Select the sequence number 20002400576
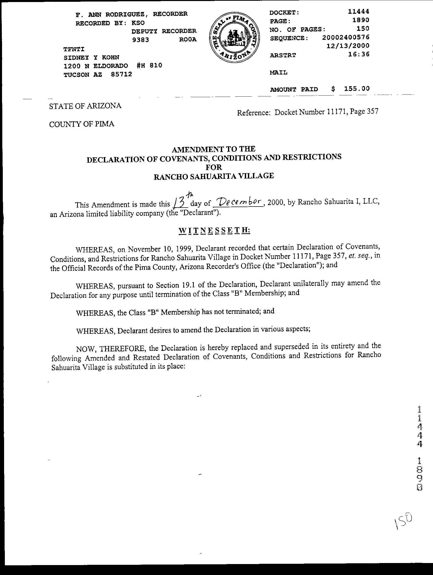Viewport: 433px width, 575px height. [x=346, y=37]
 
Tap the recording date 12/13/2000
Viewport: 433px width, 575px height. [x=348, y=46]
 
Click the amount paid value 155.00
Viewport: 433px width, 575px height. [x=356, y=89]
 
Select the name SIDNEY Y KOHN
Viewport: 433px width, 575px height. [x=91, y=57]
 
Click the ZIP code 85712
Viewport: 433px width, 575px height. [x=121, y=74]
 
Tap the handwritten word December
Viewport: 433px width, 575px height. [x=237, y=202]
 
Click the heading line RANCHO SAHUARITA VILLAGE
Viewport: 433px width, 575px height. [x=214, y=176]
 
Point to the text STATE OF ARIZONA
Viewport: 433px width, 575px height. [x=85, y=106]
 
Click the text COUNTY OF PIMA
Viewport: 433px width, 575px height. [x=82, y=124]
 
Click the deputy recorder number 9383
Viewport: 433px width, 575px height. [x=140, y=40]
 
